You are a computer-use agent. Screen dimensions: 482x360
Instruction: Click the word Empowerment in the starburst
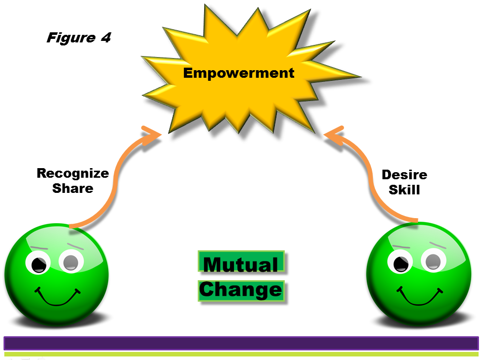click(x=238, y=73)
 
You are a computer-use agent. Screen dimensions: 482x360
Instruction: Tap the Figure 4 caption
click(x=79, y=37)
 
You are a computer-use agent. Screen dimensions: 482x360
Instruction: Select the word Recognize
click(x=73, y=174)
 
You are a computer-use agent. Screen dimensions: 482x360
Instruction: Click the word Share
click(x=73, y=188)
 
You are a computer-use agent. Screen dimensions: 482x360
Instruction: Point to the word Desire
click(x=405, y=175)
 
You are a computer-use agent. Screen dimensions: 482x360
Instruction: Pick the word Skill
click(x=404, y=189)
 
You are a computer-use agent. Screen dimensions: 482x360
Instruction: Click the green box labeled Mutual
click(x=242, y=262)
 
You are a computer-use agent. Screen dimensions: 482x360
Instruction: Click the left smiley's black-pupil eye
click(x=38, y=263)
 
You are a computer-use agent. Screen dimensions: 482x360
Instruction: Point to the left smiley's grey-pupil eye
click(x=72, y=262)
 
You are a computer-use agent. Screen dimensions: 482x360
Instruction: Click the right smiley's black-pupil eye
click(x=400, y=262)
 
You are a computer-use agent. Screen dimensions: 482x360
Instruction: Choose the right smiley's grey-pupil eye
click(x=433, y=261)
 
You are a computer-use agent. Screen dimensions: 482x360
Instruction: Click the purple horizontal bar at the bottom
click(x=242, y=343)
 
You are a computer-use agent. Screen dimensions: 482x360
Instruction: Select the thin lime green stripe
click(x=242, y=354)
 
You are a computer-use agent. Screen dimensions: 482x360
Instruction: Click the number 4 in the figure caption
click(x=106, y=37)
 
